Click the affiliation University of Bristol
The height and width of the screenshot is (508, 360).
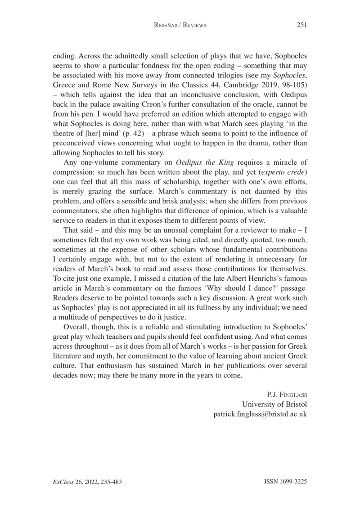pos(274,404)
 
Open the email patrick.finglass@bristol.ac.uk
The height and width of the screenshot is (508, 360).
pos(260,414)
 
